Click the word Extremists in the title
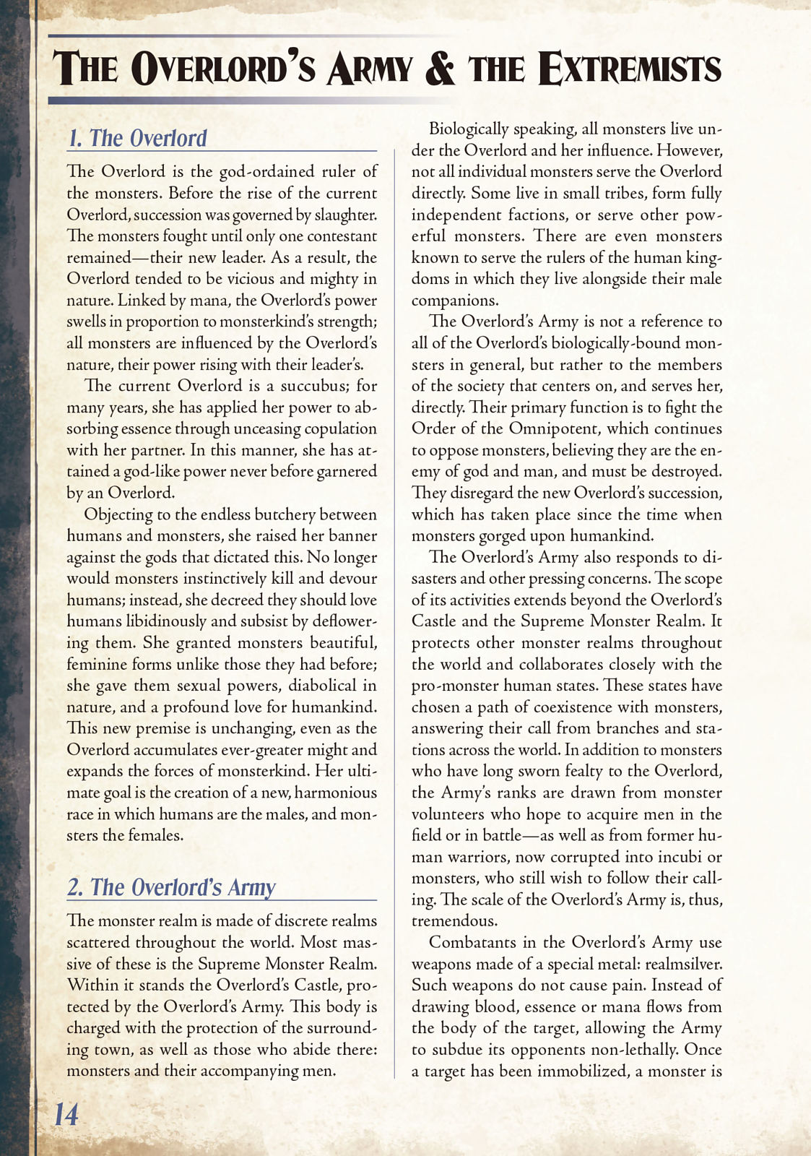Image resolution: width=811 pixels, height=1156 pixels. (x=630, y=69)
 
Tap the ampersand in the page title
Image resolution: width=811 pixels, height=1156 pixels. (x=440, y=69)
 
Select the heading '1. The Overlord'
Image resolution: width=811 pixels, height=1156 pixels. (x=137, y=138)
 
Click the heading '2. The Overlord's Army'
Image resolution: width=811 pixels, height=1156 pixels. (x=171, y=887)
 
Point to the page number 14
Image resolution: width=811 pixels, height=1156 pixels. (x=66, y=1114)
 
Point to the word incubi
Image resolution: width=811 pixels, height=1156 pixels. (x=680, y=857)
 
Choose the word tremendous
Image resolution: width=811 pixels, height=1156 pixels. (x=454, y=921)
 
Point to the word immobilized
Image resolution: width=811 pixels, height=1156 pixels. (x=583, y=1071)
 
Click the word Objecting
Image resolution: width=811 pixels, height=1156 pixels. (x=118, y=514)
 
